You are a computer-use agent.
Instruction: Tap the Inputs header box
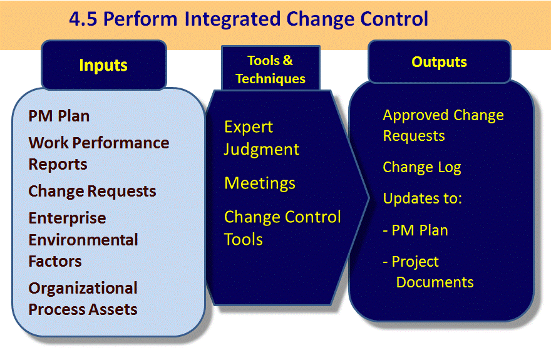tap(103, 64)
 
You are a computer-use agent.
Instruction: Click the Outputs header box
tap(439, 62)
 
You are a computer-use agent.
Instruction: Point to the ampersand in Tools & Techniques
tap(287, 61)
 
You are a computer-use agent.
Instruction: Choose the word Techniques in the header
tap(270, 79)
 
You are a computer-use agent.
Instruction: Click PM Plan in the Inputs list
tap(59, 116)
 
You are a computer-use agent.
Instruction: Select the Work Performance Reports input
tap(98, 153)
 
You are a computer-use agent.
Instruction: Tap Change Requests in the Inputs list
tap(92, 191)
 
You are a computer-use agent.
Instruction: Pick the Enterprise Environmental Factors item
tap(83, 240)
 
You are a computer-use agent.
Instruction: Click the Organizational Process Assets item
tap(83, 299)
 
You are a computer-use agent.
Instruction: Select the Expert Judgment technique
tap(261, 138)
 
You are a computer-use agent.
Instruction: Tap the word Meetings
tap(260, 183)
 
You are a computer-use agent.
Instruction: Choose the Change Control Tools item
tap(282, 228)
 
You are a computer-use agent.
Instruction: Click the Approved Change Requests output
tap(443, 125)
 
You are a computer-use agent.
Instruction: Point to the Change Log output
tap(421, 167)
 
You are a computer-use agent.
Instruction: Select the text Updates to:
tap(422, 198)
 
